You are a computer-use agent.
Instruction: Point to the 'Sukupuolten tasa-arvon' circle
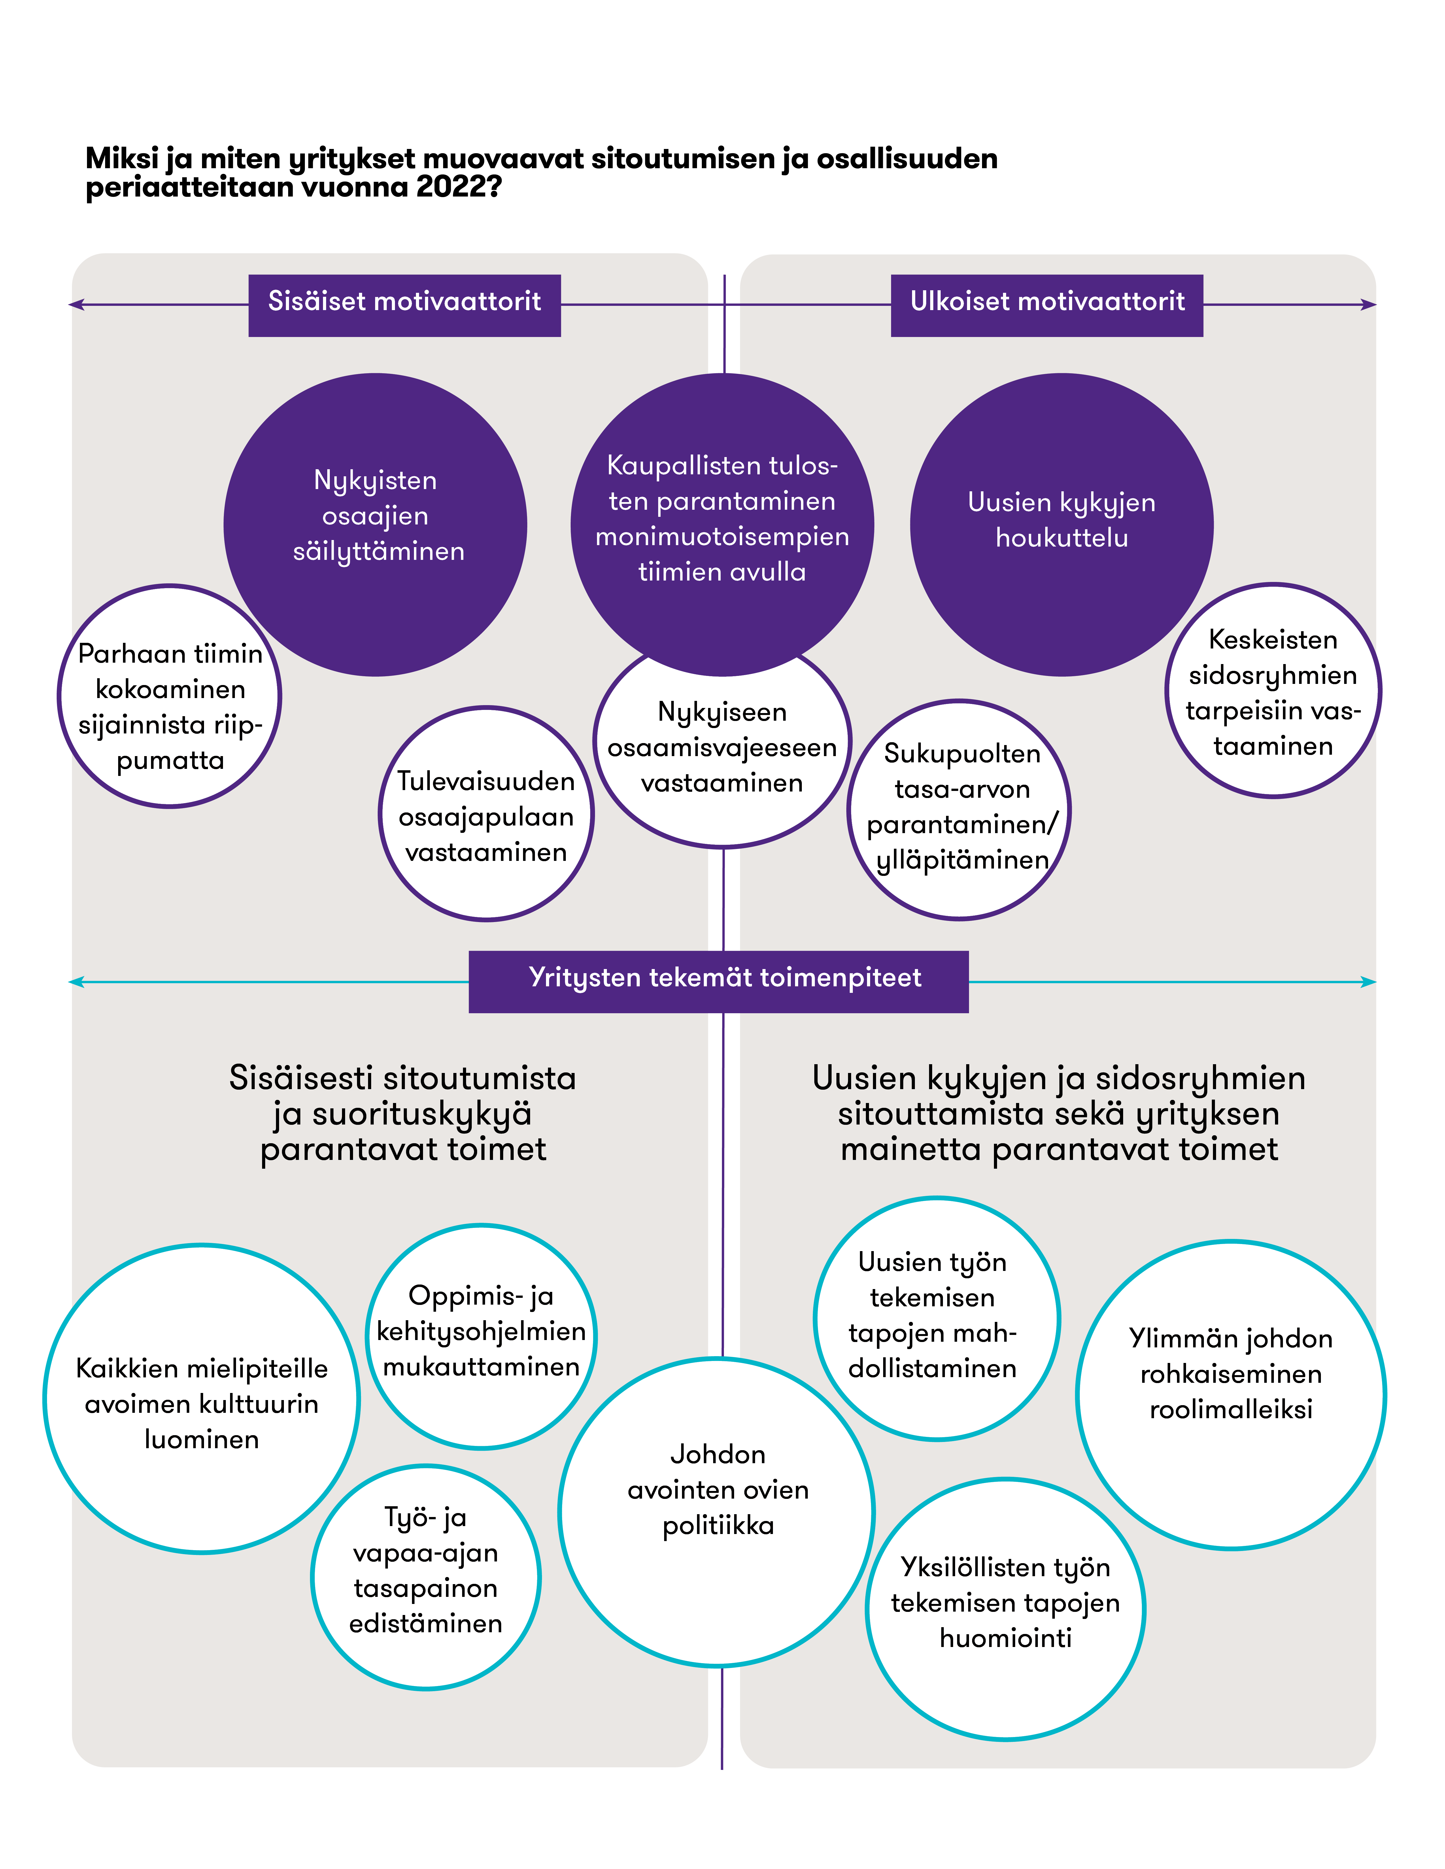[x=960, y=809]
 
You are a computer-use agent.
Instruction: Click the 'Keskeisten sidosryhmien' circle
[x=1273, y=692]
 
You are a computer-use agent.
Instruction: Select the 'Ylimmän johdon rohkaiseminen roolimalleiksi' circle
[x=1230, y=1395]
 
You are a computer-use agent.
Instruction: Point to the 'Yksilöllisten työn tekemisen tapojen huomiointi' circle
[x=1005, y=1609]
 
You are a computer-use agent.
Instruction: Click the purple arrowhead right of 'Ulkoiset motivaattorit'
[x=1368, y=305]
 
